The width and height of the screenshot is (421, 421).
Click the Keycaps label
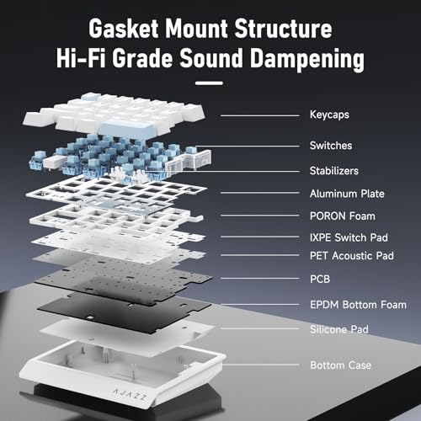tap(329, 115)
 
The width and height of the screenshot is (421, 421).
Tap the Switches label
tap(331, 146)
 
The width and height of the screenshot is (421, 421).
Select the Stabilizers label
tap(334, 171)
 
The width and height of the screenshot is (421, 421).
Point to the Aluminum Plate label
tap(347, 194)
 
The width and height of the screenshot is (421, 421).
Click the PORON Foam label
tap(343, 216)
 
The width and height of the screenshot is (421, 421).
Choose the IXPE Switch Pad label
tap(349, 237)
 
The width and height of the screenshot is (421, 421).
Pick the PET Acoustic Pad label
tap(352, 256)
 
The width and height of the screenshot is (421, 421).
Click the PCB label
tap(320, 279)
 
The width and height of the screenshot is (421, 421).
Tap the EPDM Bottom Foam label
tap(358, 305)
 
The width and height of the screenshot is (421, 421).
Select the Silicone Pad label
tap(339, 329)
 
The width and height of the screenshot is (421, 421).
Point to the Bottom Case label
tap(340, 365)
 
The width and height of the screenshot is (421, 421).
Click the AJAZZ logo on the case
tap(130, 395)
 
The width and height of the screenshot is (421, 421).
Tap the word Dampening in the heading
tap(307, 59)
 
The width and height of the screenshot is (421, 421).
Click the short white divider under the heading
tap(209, 83)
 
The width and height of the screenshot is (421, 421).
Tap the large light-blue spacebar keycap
tap(127, 128)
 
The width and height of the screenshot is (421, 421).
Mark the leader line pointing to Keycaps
tap(260, 115)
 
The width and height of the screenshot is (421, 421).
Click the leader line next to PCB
tap(260, 279)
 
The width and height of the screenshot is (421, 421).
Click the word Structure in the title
tap(283, 29)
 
